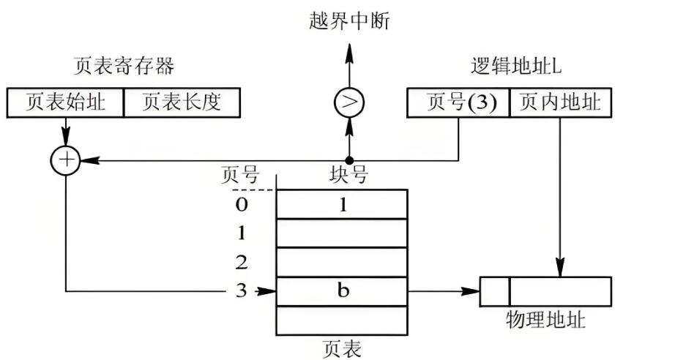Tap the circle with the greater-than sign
coord(348,103)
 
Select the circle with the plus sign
coord(67,160)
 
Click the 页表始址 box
coord(66,102)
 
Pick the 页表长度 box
coord(182,102)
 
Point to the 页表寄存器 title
coord(124,67)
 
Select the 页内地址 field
coord(560,102)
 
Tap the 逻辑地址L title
coord(515,67)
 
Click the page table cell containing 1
coord(341,204)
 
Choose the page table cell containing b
coord(341,291)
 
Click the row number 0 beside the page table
coord(242,204)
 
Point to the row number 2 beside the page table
coord(242,262)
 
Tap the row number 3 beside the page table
coord(242,291)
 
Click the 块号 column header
coord(348,176)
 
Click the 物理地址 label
coord(545,320)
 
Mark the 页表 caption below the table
coord(341,348)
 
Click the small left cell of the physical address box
coord(495,291)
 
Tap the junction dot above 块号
coord(348,160)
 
